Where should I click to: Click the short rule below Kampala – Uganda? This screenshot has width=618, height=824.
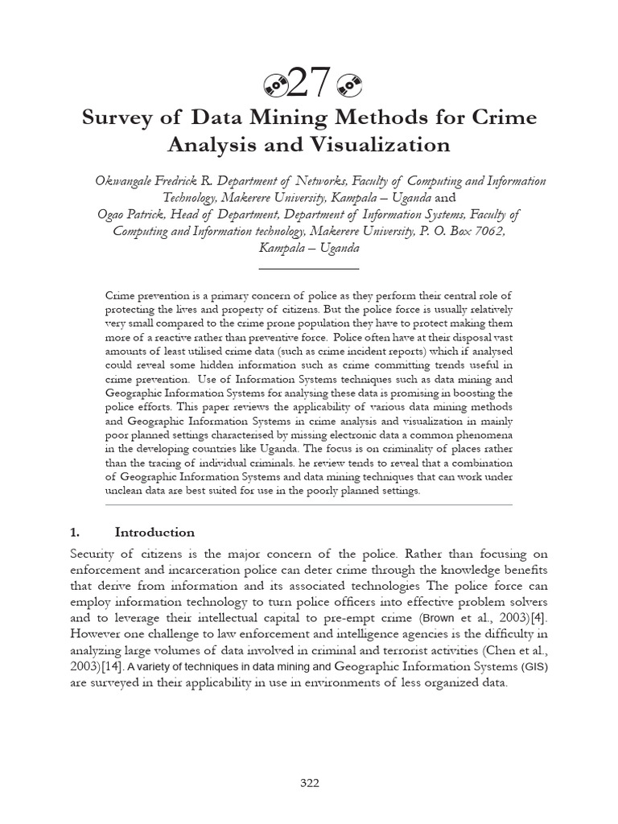(x=309, y=267)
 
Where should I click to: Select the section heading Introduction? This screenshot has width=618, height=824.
(x=154, y=532)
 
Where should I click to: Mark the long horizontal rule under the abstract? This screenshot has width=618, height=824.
(x=309, y=505)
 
